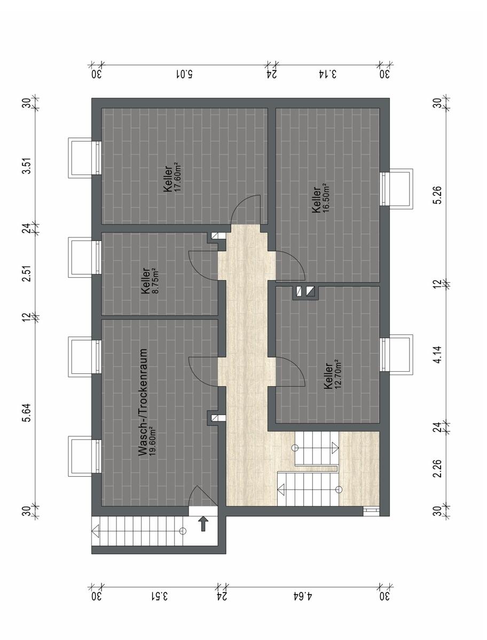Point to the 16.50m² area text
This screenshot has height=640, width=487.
[325, 198]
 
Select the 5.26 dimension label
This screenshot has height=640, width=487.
[438, 195]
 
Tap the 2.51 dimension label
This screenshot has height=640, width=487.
[28, 273]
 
